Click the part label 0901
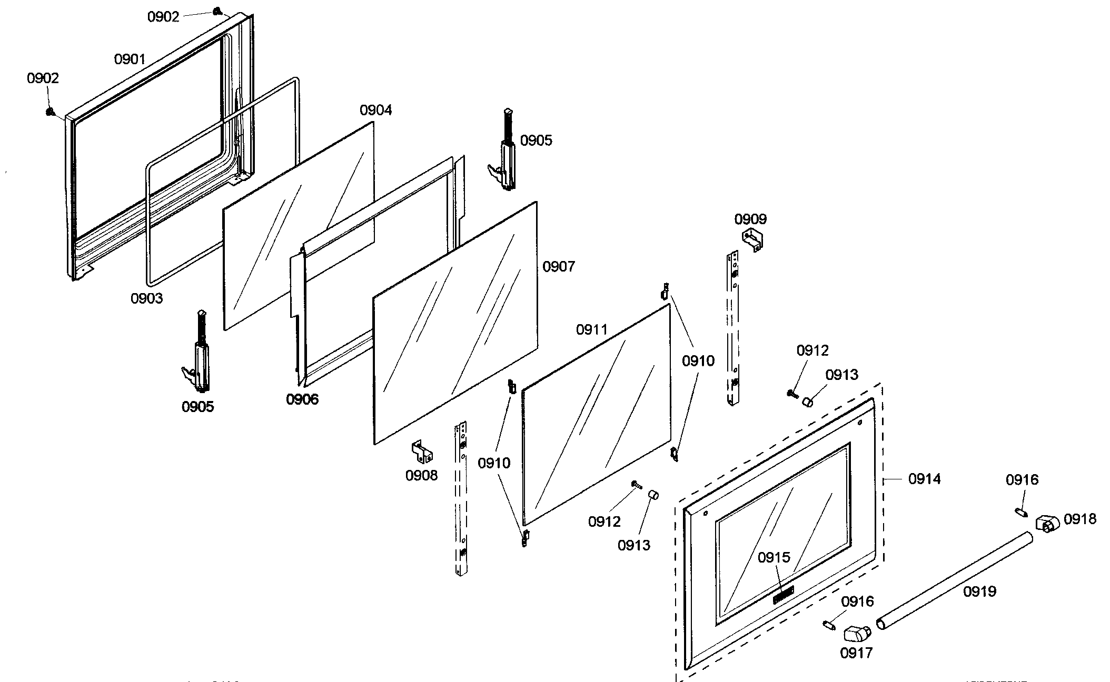pos(130,59)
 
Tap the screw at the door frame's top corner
pos(217,11)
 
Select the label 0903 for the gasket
pos(146,298)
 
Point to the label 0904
pos(375,110)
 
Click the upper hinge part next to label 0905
pos(506,153)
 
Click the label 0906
pos(302,399)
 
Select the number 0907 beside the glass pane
pos(559,266)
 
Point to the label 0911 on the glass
pos(591,330)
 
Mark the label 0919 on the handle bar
pos(979,591)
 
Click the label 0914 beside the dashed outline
pos(924,479)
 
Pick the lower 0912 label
pos(604,521)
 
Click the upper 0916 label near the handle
pos(1022,480)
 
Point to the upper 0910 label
pos(698,361)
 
